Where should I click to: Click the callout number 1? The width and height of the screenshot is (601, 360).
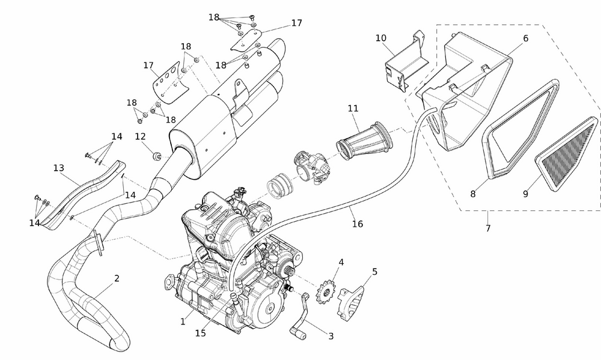(183, 322)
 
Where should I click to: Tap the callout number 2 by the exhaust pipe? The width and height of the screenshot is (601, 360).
(117, 278)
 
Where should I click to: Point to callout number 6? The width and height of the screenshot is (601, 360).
(525, 38)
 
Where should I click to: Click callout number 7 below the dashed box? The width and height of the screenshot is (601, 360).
(487, 228)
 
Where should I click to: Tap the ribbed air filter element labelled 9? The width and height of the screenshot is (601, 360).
(567, 150)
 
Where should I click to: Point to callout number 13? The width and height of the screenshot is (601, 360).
(58, 168)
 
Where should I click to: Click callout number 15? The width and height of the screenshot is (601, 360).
(201, 332)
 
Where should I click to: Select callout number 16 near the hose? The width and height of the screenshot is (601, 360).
(358, 224)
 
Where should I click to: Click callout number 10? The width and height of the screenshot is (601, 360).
(381, 38)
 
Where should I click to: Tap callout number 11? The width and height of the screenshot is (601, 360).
(353, 108)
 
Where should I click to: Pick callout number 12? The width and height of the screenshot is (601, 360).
(140, 137)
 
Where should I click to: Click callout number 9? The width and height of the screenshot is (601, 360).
(525, 194)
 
